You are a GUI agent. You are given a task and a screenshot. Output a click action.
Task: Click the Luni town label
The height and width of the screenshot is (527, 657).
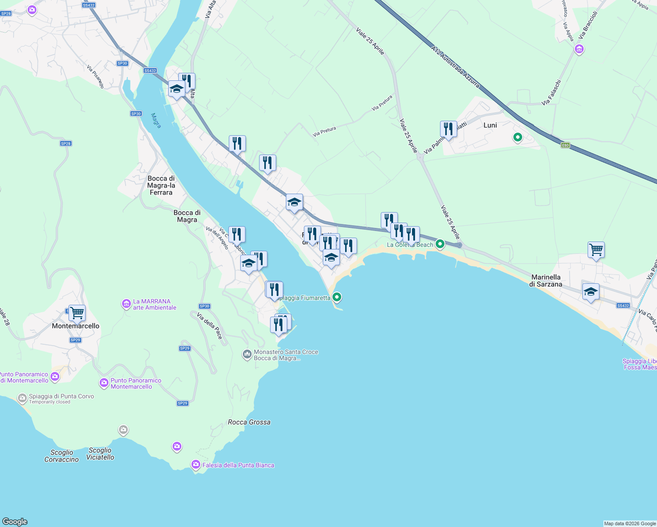tap(490, 125)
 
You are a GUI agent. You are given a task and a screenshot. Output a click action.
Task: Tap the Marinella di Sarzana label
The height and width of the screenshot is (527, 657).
tap(546, 281)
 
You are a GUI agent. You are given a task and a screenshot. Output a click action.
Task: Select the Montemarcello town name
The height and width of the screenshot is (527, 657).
tap(76, 326)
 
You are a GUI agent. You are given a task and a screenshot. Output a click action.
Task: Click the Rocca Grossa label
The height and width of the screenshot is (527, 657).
tap(249, 422)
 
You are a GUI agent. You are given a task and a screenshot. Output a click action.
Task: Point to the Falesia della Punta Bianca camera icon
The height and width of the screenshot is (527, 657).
tap(196, 465)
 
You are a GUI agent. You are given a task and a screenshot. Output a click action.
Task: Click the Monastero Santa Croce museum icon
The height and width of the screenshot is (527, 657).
tap(247, 354)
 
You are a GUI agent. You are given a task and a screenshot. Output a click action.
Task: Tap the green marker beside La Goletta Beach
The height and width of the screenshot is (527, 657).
tap(440, 244)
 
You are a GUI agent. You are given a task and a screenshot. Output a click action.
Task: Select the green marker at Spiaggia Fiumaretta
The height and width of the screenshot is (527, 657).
tap(337, 297)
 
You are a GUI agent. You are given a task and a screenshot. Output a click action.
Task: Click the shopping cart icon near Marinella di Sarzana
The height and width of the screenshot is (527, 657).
tap(596, 250)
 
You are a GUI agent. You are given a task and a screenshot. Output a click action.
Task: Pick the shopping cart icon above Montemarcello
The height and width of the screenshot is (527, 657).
tap(77, 313)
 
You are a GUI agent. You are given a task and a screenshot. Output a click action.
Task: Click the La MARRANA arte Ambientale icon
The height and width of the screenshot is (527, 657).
tap(126, 303)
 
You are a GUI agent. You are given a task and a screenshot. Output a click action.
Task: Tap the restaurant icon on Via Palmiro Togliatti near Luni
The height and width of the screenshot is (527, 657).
tap(448, 129)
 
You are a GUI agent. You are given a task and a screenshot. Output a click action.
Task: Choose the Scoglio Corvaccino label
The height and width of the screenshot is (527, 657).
tap(61, 456)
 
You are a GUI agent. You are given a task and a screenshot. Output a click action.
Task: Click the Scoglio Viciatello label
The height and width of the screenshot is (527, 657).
tap(100, 454)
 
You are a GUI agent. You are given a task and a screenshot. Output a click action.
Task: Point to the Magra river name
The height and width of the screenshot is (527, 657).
tap(156, 120)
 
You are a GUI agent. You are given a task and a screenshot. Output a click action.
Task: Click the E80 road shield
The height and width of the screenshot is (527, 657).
tap(565, 145)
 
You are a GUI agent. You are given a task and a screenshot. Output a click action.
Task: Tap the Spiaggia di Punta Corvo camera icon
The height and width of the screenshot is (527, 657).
tap(22, 398)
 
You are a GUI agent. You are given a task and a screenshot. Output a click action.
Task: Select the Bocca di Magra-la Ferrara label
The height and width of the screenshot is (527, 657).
tap(161, 185)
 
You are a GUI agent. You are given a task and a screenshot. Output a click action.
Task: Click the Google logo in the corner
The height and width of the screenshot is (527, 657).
tap(15, 521)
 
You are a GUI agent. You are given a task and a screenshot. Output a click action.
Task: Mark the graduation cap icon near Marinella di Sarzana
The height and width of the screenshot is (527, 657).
tap(591, 292)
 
